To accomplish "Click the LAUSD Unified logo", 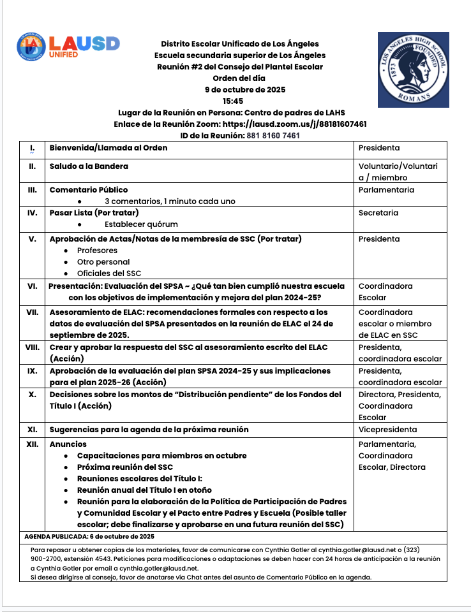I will pos(68,46).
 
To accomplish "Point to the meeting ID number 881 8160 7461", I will pos(273,135).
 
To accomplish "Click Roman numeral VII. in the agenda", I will pos(31,312).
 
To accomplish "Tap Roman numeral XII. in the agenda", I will pos(31,444).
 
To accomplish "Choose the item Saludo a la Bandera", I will pos(89,166).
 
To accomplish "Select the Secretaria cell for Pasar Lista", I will pos(378,212).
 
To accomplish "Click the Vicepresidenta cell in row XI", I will pos(387,429).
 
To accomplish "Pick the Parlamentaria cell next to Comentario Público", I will pos(386,189).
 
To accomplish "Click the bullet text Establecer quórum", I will pos(141,224).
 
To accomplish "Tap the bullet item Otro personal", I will pos(103,261).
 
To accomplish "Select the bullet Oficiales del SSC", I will pos(109,273).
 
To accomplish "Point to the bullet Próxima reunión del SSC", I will pos(125,467).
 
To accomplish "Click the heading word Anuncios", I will pos(68,444).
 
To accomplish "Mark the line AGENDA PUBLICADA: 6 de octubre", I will pos(89,536).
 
